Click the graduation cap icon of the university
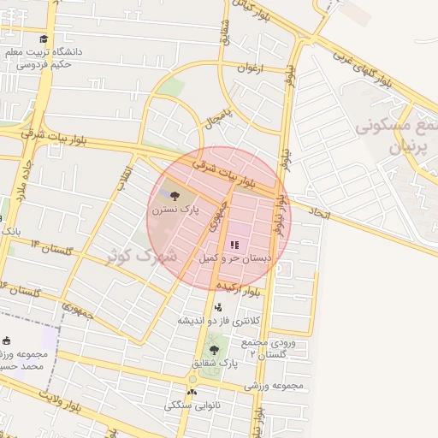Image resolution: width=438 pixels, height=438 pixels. click(x=44, y=38)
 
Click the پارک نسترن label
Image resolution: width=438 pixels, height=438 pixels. click(x=175, y=208)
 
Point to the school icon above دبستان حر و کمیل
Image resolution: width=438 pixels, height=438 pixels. click(x=234, y=245)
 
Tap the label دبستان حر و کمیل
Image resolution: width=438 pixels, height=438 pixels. click(x=235, y=257)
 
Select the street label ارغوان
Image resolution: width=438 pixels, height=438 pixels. click(x=252, y=68)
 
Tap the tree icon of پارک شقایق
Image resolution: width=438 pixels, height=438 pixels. click(x=214, y=349)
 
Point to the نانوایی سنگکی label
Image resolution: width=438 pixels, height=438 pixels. click(x=192, y=405)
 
